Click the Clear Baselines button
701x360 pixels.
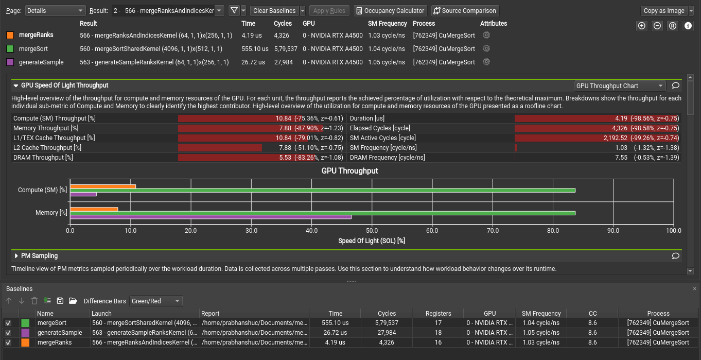(274, 10)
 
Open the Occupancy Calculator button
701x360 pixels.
(390, 10)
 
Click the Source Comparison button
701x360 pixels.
(465, 10)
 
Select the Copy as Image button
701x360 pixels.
(664, 10)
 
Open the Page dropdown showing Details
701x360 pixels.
(56, 10)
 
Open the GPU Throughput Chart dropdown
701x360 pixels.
(620, 86)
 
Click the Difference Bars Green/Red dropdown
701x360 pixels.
(156, 301)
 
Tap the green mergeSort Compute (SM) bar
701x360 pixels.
(323, 190)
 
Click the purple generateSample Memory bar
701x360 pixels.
(211, 217)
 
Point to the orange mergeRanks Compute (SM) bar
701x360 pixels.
(103, 186)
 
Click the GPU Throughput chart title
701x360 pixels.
(349, 170)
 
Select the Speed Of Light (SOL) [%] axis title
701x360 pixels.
(372, 241)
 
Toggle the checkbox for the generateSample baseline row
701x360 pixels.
(8, 333)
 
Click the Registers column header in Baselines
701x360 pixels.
(438, 313)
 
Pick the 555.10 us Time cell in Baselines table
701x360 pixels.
(335, 323)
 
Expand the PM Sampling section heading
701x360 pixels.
(39, 255)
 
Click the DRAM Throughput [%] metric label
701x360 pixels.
(43, 158)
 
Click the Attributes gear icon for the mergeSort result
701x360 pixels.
(486, 48)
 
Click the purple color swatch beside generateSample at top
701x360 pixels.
(10, 62)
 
